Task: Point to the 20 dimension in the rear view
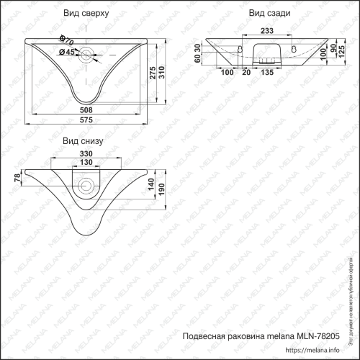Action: (x=247, y=73)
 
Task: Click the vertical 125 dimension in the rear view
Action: (x=351, y=53)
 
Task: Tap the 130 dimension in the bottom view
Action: (x=86, y=162)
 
